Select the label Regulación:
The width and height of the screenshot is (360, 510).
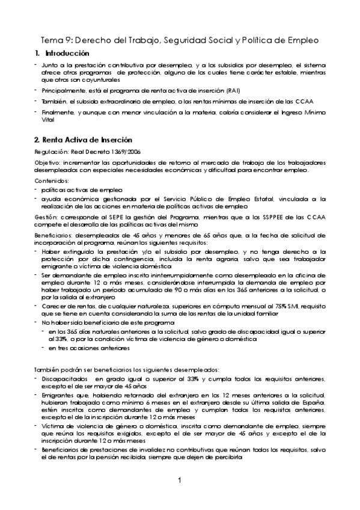pos(52,151)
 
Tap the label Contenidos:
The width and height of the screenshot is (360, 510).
pos(52,180)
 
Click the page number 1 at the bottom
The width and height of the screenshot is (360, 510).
pos(180,480)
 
